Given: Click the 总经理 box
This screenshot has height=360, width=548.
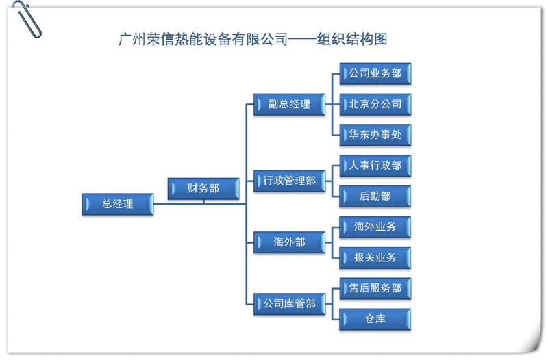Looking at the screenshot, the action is click(x=118, y=204).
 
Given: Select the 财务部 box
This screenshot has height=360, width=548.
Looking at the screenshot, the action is click(x=203, y=188).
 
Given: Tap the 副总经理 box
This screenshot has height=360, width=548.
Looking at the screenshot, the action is click(x=289, y=104).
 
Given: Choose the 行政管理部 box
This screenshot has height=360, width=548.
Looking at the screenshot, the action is click(x=289, y=181).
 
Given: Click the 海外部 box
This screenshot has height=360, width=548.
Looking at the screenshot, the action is click(x=289, y=242).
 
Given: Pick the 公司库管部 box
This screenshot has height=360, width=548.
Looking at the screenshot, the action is click(x=289, y=304).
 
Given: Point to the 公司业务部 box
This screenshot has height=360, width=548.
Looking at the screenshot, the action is click(x=375, y=74).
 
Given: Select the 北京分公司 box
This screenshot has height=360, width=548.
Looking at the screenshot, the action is click(x=375, y=104).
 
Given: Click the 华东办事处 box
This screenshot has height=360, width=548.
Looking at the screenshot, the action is click(x=375, y=135).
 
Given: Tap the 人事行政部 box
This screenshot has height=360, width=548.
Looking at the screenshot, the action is click(x=375, y=166).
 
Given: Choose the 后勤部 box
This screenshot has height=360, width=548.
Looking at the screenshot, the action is click(x=375, y=196).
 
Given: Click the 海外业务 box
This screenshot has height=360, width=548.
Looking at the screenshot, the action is click(x=375, y=227).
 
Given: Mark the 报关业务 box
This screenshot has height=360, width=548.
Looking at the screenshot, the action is click(x=375, y=258).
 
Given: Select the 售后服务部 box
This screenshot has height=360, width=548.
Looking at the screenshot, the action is click(x=375, y=288).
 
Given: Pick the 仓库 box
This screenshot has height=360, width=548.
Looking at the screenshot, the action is click(x=375, y=319).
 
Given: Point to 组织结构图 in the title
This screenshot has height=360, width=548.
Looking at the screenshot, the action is click(x=352, y=39).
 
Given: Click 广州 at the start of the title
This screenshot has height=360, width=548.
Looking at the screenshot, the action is click(x=132, y=39).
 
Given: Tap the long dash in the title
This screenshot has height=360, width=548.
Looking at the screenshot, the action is click(x=302, y=40).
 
